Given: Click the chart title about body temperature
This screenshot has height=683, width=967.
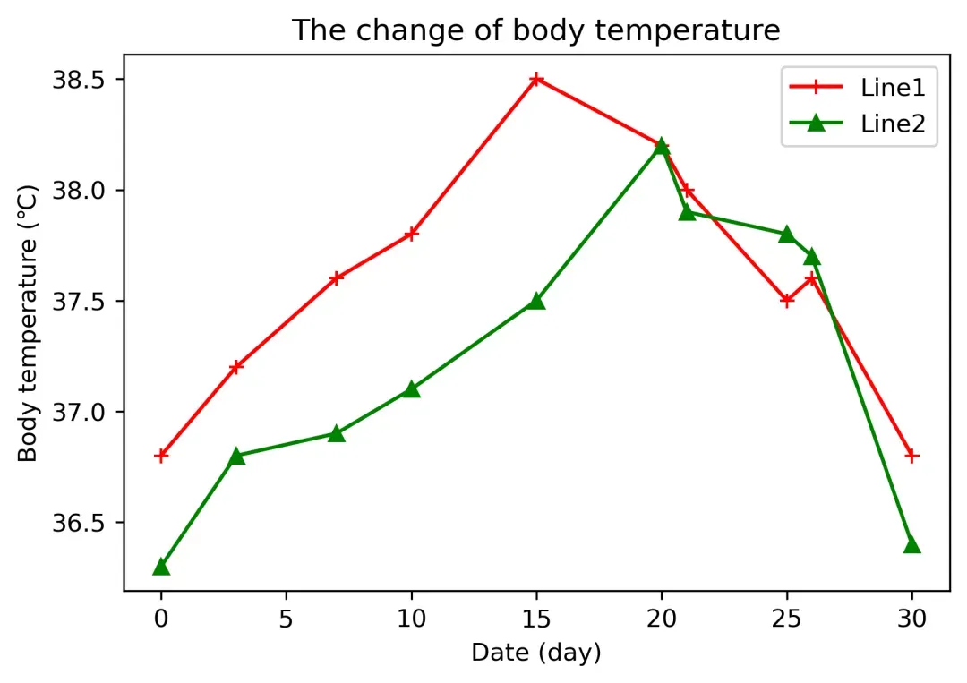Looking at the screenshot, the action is pos(535,30).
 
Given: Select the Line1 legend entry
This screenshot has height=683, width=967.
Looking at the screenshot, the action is pos(858,88).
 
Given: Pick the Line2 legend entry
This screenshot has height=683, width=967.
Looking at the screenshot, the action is pos(858,124).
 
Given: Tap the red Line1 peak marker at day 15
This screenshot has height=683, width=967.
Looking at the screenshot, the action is pos(536,80).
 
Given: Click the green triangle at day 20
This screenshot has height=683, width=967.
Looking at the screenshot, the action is pos(662,146).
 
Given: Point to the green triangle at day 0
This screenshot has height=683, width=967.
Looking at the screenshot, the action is pos(161,567).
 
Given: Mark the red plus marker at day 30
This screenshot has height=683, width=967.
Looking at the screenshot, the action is pos(912,456).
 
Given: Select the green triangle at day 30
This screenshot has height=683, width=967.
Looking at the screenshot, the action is pos(912,544).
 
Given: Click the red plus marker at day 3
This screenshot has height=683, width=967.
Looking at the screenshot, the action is pos(236,367).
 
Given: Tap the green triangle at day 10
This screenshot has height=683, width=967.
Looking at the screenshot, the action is pos(411,389).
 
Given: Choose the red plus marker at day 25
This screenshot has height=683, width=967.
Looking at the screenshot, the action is pos(787,301).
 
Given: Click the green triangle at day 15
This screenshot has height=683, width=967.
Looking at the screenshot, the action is pos(536,301).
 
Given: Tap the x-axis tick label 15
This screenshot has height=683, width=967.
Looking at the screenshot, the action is pos(536,619).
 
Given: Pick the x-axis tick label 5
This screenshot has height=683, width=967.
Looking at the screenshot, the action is pos(287,619).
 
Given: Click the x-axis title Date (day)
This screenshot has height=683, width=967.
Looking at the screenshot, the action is pos(536,653).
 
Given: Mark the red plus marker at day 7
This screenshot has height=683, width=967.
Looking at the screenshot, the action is pos(336,278).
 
